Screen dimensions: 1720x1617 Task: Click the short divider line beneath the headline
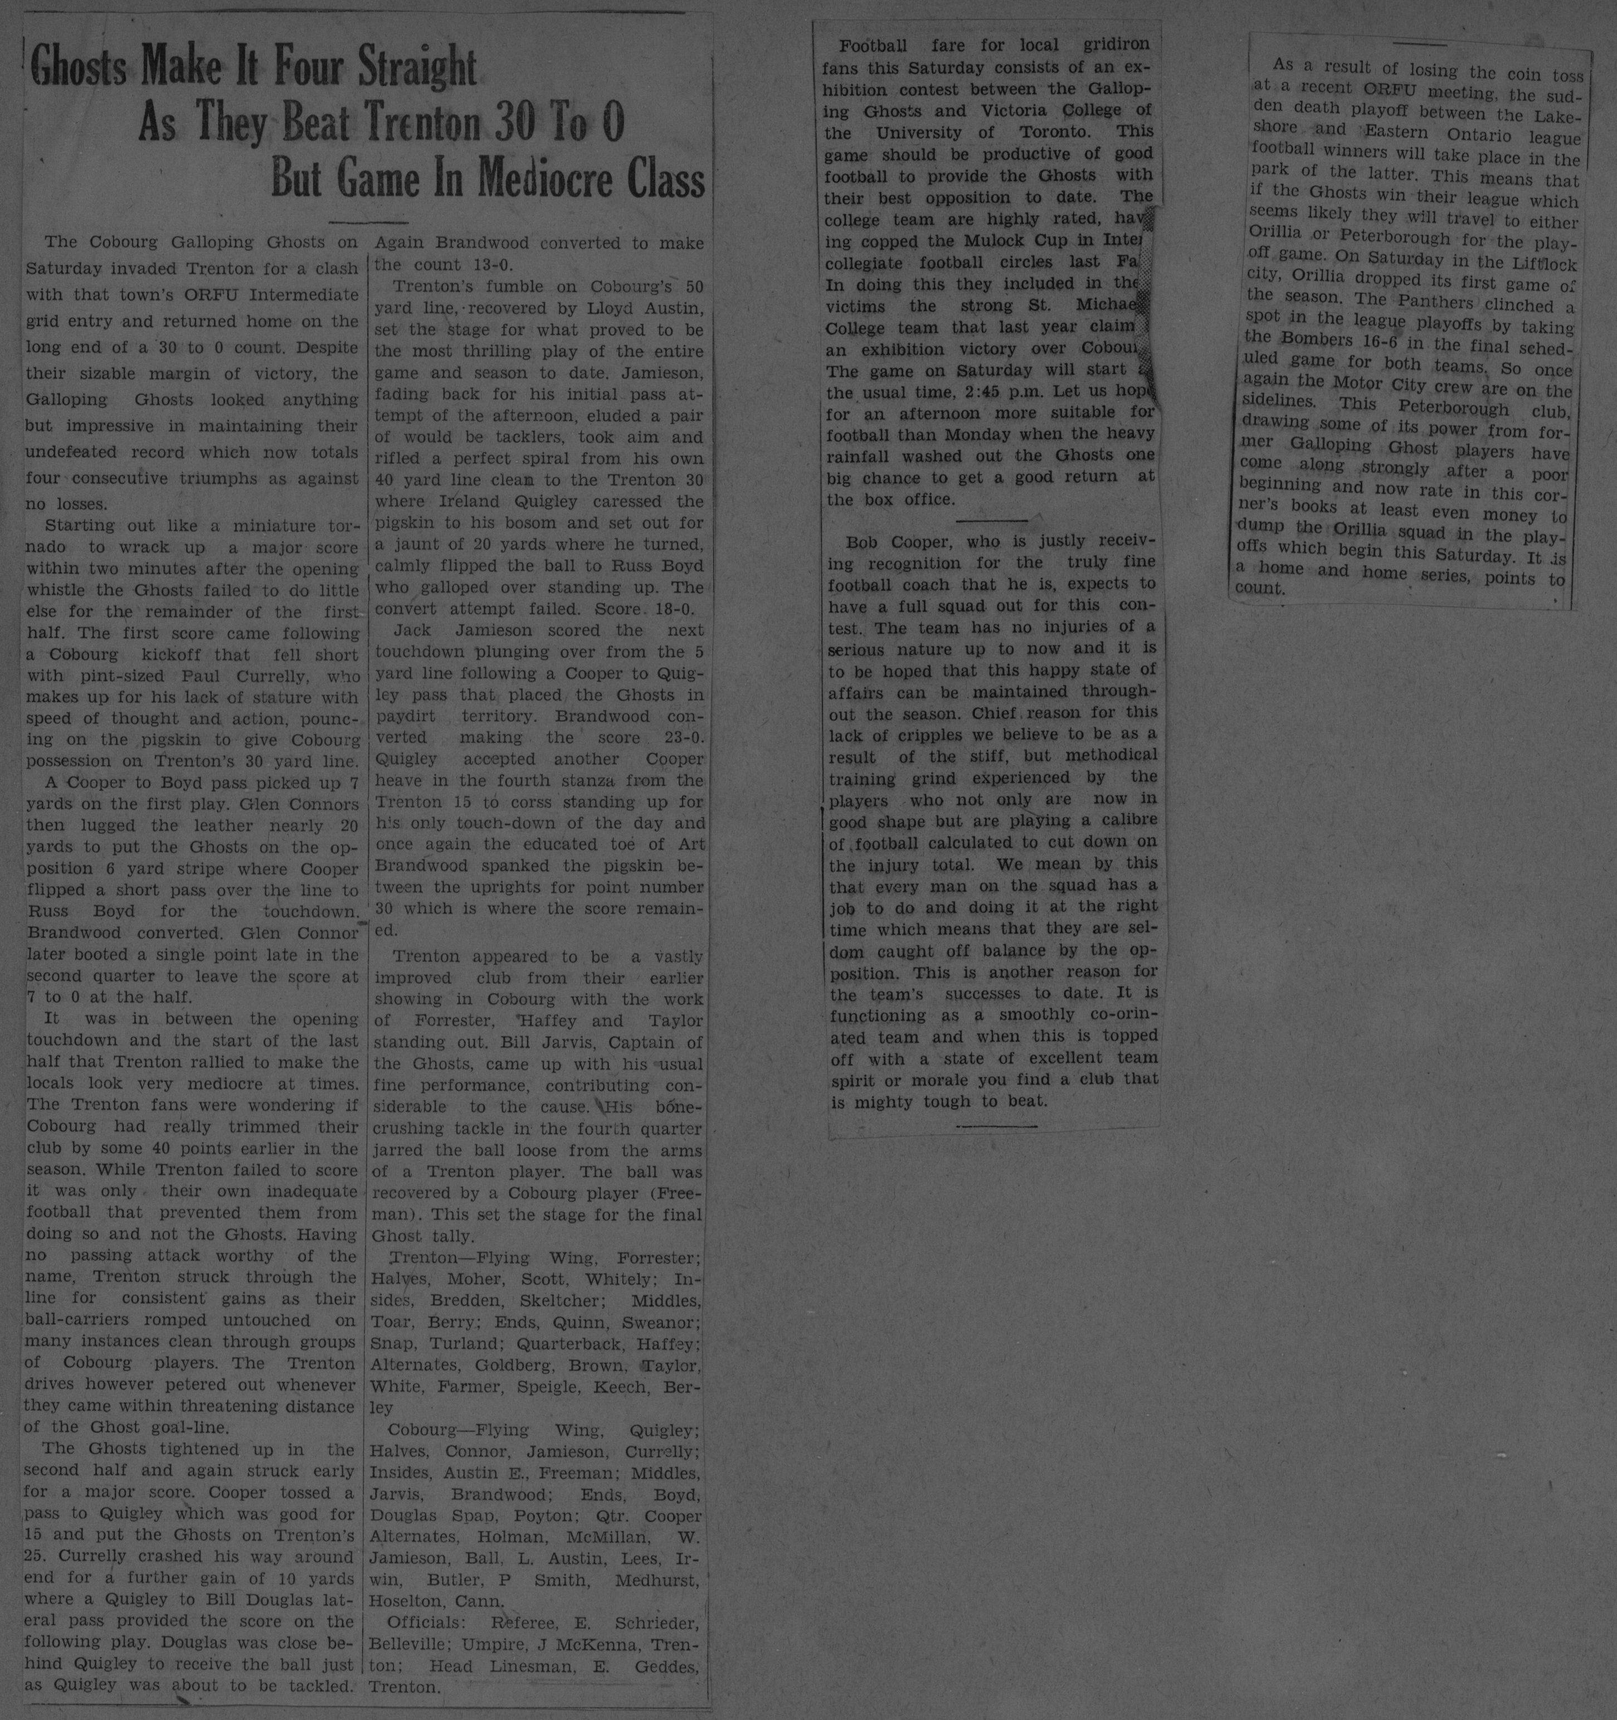pyautogui.click(x=368, y=223)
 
